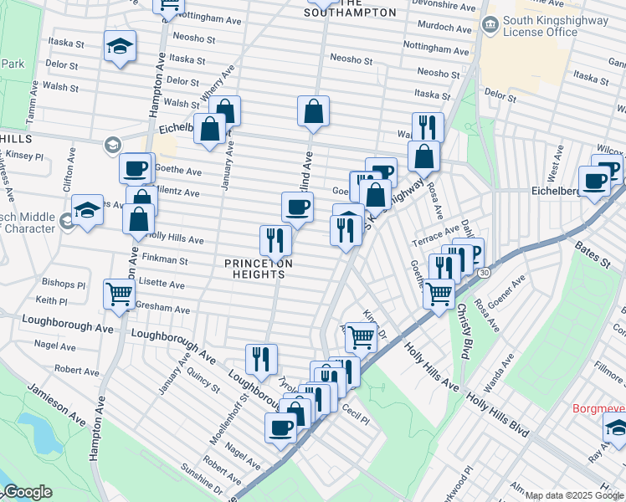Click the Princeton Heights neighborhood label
point(259,269)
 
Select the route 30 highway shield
point(484,273)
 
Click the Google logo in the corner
point(27,493)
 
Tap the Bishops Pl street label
point(63,284)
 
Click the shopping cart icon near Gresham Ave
point(119,294)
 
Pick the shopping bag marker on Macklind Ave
point(313,111)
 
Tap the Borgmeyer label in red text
point(598,409)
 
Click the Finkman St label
point(165,260)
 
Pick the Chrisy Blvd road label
point(462,330)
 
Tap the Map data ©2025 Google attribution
point(574,495)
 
